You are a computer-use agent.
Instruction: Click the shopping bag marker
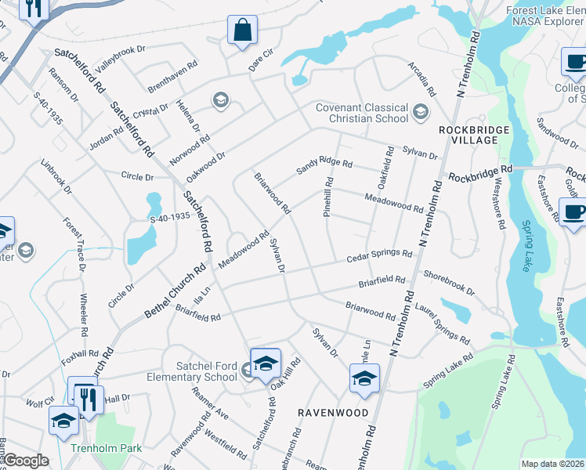[243, 31]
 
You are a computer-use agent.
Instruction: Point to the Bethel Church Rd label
[174, 291]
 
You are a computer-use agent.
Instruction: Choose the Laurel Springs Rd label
[442, 324]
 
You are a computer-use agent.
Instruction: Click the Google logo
[25, 461]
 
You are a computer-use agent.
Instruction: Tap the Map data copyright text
[553, 464]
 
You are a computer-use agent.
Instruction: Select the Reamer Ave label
[210, 404]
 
